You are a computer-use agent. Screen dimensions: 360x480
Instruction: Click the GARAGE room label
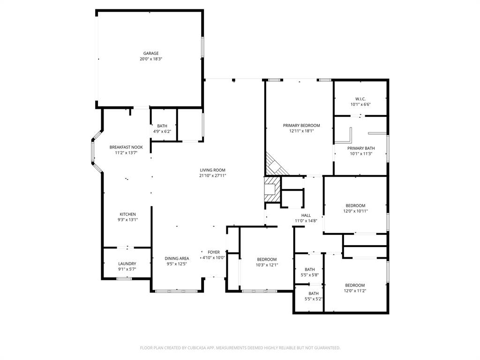[x=150, y=53]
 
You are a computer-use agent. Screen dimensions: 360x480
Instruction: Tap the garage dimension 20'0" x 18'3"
[x=150, y=59]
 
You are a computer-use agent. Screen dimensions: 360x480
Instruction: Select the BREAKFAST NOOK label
[x=126, y=147]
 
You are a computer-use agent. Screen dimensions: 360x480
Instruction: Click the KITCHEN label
[x=127, y=214]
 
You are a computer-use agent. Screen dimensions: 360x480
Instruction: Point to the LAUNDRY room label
[x=127, y=264]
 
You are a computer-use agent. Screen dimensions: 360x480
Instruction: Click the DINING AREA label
[x=177, y=258]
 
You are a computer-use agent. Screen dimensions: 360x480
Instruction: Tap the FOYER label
[x=214, y=252]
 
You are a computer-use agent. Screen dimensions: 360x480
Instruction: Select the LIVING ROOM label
[x=213, y=170]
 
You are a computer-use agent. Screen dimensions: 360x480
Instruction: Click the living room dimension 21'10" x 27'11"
[x=213, y=176]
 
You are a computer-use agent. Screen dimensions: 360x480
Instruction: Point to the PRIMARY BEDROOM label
[x=301, y=126]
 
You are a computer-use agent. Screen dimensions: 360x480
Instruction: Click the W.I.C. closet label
[x=360, y=99]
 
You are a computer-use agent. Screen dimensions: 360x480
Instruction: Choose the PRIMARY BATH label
[x=361, y=148]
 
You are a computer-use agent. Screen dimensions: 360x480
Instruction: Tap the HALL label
[x=306, y=216]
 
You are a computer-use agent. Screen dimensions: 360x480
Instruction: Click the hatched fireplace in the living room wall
[x=271, y=189]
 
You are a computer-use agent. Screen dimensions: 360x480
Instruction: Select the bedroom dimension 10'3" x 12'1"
[x=267, y=265]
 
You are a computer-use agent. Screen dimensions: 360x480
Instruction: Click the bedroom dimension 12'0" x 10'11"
[x=355, y=211]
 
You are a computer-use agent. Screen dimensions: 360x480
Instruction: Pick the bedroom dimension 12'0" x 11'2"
[x=355, y=291]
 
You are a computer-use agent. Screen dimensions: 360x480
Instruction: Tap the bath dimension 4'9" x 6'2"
[x=162, y=131]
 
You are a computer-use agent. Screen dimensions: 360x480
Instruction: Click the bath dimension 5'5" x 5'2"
[x=314, y=299]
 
